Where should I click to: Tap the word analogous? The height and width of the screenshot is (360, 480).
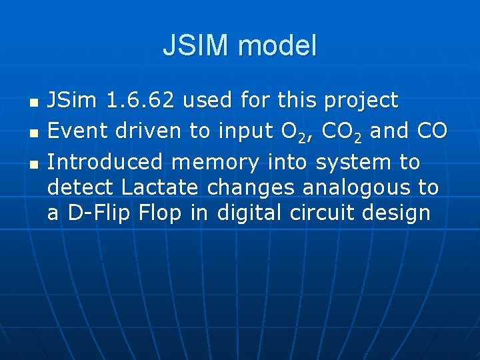click(350, 188)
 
